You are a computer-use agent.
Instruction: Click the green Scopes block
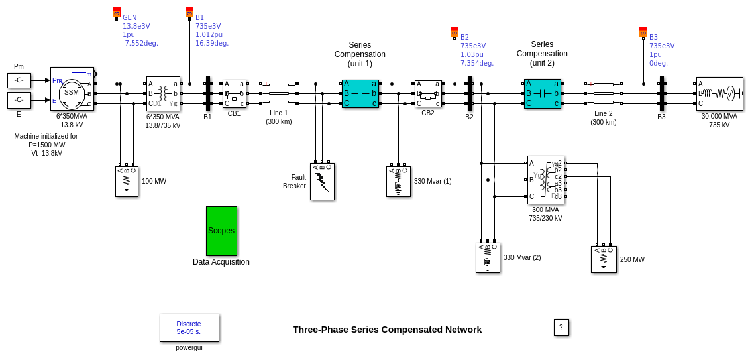tap(221, 231)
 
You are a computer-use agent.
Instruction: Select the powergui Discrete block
tap(189, 328)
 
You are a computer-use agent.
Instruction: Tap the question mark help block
tap(561, 328)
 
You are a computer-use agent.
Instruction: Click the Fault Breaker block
tap(322, 182)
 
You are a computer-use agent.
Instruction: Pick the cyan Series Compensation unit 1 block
tap(360, 93)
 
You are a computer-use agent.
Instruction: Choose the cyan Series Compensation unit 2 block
tap(542, 93)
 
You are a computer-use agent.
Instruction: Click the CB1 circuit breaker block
tap(234, 93)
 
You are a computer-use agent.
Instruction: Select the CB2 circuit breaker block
tap(428, 93)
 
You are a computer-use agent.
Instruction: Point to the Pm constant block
tap(19, 80)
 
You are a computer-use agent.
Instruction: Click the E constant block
tap(19, 100)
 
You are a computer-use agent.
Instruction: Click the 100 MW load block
tap(127, 181)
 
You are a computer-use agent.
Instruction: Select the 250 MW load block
tap(604, 259)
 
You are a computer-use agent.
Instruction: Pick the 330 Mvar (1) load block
tap(398, 181)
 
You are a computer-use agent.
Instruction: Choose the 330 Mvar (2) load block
tap(488, 257)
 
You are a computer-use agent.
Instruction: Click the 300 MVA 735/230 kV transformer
tap(545, 180)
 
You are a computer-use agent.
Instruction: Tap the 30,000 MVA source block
tap(720, 93)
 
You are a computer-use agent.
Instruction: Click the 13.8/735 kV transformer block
tap(163, 93)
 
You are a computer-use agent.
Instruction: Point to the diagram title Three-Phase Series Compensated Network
tap(387, 330)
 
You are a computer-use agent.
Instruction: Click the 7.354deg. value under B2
tap(476, 64)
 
